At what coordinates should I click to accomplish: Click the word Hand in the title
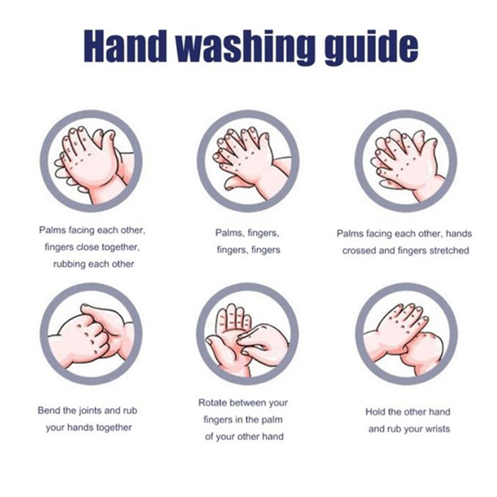point(125,46)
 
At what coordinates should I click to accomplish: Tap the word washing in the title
point(245,48)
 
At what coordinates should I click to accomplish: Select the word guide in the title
point(371,48)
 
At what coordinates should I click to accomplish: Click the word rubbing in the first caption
point(69,264)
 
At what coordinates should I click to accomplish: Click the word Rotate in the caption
point(212,403)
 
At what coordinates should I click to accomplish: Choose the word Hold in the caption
point(376,412)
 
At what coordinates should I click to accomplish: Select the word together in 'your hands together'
point(114,428)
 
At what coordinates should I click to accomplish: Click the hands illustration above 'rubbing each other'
point(91,161)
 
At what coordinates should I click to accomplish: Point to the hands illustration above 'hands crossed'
point(406,161)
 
